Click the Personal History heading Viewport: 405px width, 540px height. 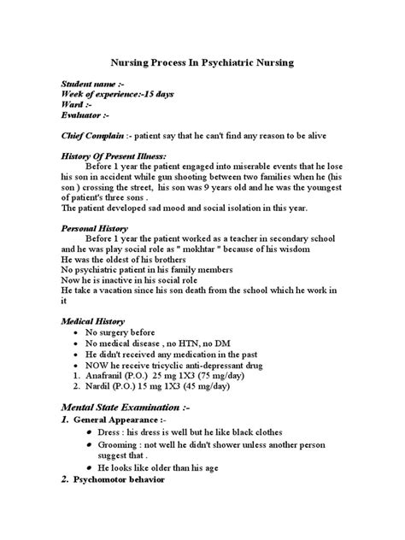[x=94, y=230]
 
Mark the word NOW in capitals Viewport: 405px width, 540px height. [x=109, y=363]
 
